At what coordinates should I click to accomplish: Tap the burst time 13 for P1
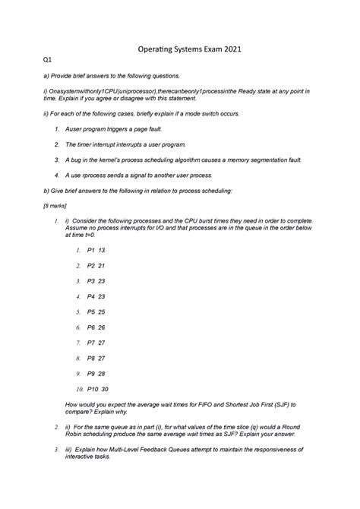point(102,249)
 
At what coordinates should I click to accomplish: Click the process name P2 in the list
point(91,266)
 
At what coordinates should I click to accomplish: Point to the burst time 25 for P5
point(102,311)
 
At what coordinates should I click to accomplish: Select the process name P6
point(91,327)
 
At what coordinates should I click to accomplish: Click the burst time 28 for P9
point(102,375)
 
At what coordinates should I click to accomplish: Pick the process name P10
point(94,390)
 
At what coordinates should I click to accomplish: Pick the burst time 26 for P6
point(102,327)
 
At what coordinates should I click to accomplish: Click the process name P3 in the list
point(91,280)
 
